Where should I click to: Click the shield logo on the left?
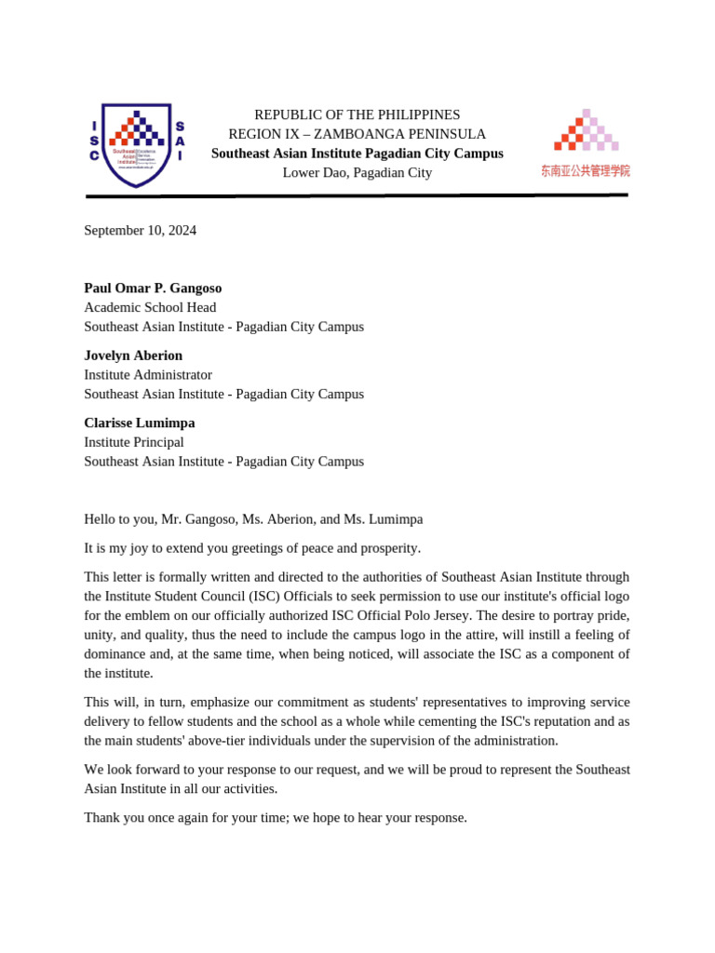tap(137, 145)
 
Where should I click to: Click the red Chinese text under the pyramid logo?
tap(585, 171)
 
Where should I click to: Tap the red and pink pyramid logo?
tap(586, 130)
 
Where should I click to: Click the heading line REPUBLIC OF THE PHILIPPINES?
tap(357, 114)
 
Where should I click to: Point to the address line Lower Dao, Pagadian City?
tap(357, 173)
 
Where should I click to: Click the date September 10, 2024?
tap(140, 231)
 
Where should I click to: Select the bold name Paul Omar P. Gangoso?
tap(153, 289)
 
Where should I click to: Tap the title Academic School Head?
tap(150, 307)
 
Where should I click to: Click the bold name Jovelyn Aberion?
tap(133, 356)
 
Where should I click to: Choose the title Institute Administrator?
tap(148, 375)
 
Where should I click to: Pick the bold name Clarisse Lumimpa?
tap(140, 423)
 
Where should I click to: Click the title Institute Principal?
tap(134, 442)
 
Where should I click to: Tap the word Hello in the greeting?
tap(101, 519)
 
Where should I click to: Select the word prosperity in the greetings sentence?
tap(387, 548)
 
